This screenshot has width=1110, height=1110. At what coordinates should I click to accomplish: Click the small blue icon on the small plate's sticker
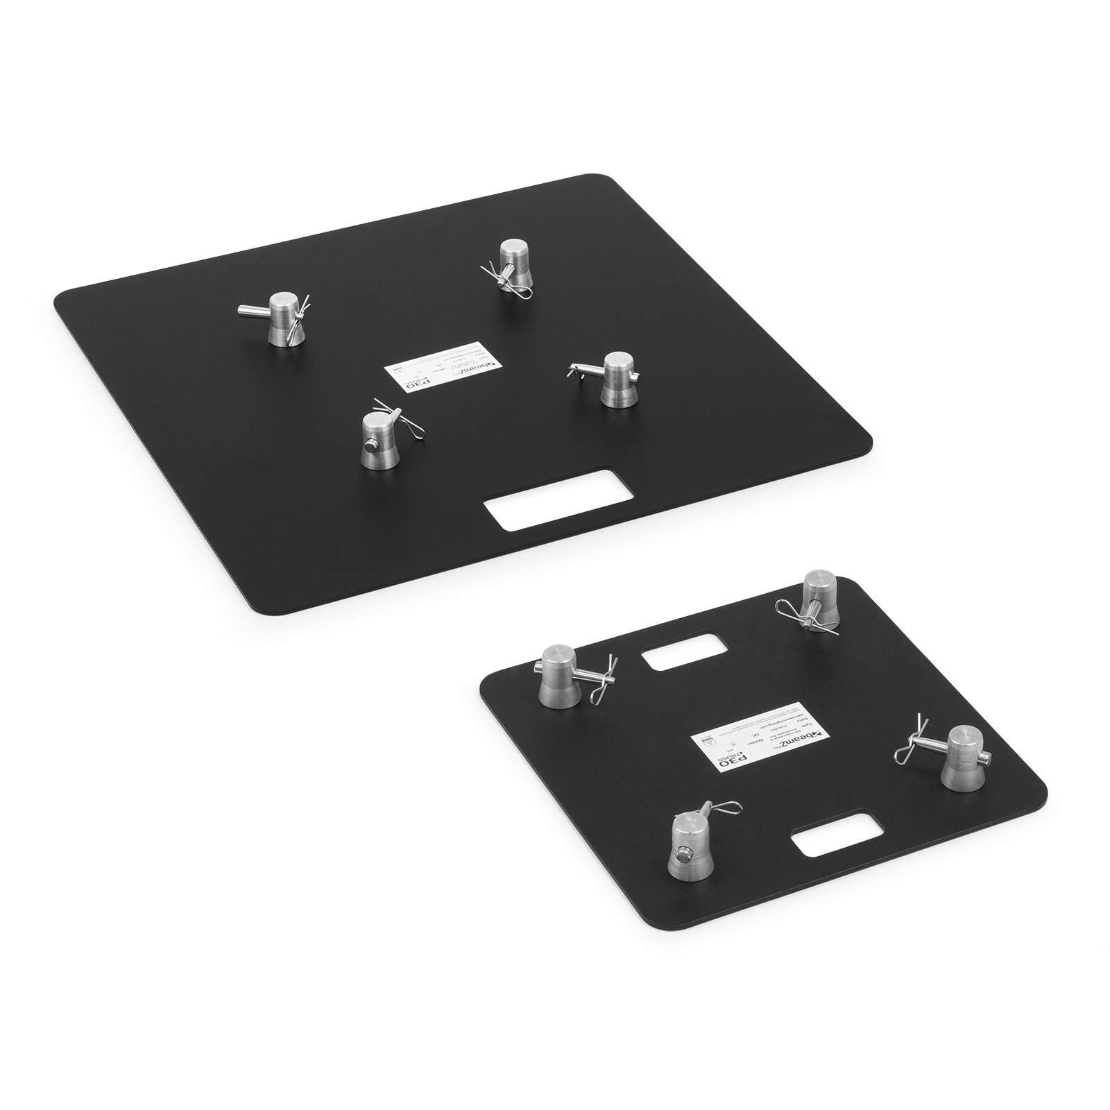point(706,740)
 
